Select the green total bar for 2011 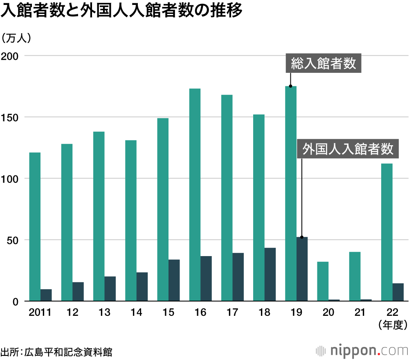coord(35,227)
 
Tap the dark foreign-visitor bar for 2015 coord(174,280)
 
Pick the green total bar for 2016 coord(195,195)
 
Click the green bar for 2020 coord(323,281)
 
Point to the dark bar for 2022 coord(398,292)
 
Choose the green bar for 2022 coord(387,232)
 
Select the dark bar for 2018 coord(270,274)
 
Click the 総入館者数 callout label coord(323,63)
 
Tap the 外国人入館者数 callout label coord(347,149)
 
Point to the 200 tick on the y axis coord(11,56)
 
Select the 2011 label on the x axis coord(40,313)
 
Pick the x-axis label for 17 coord(232,313)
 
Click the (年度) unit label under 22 coord(392,325)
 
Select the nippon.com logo coord(362,351)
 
